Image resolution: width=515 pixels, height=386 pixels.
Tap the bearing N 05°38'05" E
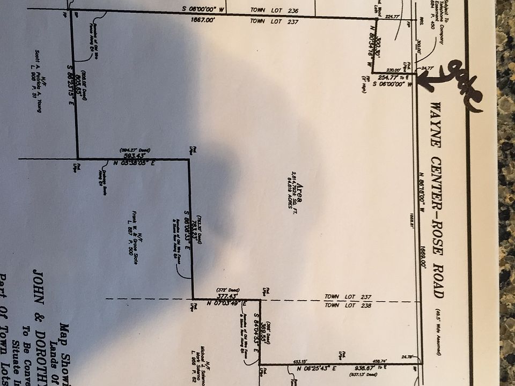coord(134,162)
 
